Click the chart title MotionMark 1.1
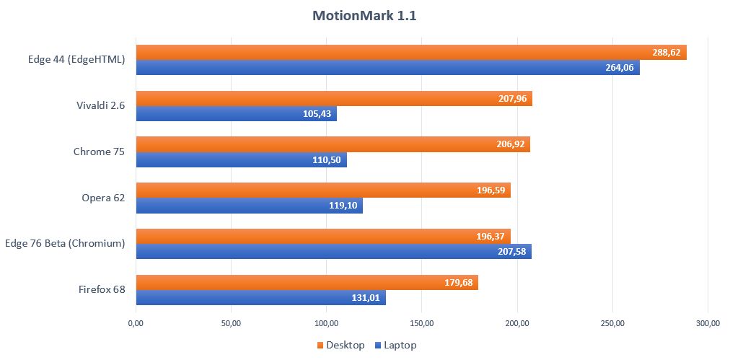pos(364,16)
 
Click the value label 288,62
pos(665,53)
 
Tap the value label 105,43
pos(315,114)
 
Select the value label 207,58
pos(510,252)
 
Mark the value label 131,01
pos(364,298)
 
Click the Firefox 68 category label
pos(102,290)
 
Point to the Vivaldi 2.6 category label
pos(100,105)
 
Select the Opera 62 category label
pos(103,198)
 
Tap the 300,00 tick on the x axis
pos(708,322)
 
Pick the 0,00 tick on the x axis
pos(136,322)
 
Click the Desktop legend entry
pos(340,345)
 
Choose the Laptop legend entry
pos(395,345)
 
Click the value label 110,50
pos(325,160)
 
